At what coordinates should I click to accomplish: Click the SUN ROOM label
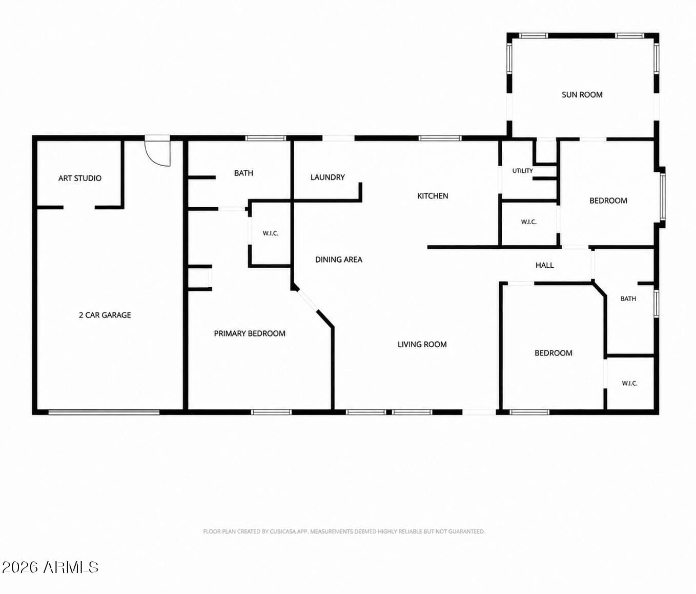(582, 95)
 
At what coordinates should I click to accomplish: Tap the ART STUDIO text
(80, 178)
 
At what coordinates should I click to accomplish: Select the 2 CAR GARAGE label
(105, 315)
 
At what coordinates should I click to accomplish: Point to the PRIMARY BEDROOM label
(250, 333)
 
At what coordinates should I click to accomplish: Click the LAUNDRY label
(327, 177)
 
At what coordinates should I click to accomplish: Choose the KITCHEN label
(433, 196)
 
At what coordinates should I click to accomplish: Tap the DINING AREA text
(338, 260)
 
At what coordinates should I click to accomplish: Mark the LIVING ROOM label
(422, 344)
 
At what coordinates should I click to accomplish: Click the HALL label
(544, 266)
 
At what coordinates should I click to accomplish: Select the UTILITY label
(523, 171)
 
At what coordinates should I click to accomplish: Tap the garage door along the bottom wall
(104, 412)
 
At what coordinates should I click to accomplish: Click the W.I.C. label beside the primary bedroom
(271, 233)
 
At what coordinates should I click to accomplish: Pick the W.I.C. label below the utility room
(528, 222)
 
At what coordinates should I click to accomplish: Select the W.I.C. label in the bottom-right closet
(629, 383)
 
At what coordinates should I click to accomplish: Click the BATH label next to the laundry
(243, 173)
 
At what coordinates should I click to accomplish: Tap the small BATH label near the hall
(628, 299)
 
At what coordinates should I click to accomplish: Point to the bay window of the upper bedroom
(662, 196)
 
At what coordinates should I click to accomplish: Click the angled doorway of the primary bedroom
(307, 301)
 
